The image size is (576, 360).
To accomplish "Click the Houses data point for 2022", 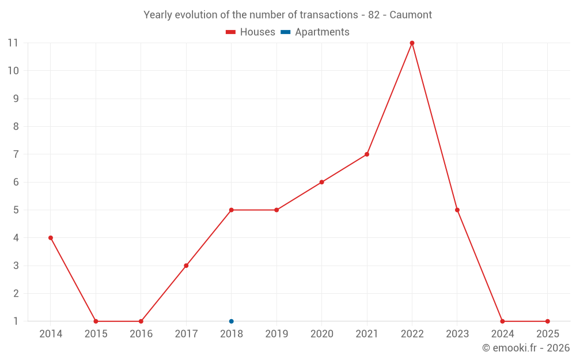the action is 412,43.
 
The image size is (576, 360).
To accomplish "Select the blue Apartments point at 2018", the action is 231,321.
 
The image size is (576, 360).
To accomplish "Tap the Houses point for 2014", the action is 51,238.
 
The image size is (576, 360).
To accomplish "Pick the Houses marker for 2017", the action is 186,266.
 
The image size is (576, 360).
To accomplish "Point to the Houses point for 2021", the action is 366,154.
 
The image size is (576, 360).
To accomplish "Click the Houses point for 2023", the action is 457,210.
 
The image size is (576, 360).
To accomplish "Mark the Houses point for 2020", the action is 321,182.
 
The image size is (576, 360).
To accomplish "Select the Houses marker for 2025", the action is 547,321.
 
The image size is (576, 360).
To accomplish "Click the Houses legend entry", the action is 250,32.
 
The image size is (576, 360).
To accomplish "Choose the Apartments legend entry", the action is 315,32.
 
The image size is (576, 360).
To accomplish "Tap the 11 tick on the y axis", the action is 13,43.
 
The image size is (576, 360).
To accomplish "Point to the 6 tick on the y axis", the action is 16,182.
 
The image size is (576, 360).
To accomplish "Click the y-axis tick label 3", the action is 16,266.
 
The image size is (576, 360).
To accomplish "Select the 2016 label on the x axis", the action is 141,334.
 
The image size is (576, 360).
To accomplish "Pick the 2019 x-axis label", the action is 276,334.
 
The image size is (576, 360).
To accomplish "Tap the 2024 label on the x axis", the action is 502,334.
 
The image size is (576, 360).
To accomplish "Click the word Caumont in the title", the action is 410,15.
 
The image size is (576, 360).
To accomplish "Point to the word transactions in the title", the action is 329,15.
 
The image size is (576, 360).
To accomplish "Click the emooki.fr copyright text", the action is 526,347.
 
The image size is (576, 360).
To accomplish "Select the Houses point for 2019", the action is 276,210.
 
